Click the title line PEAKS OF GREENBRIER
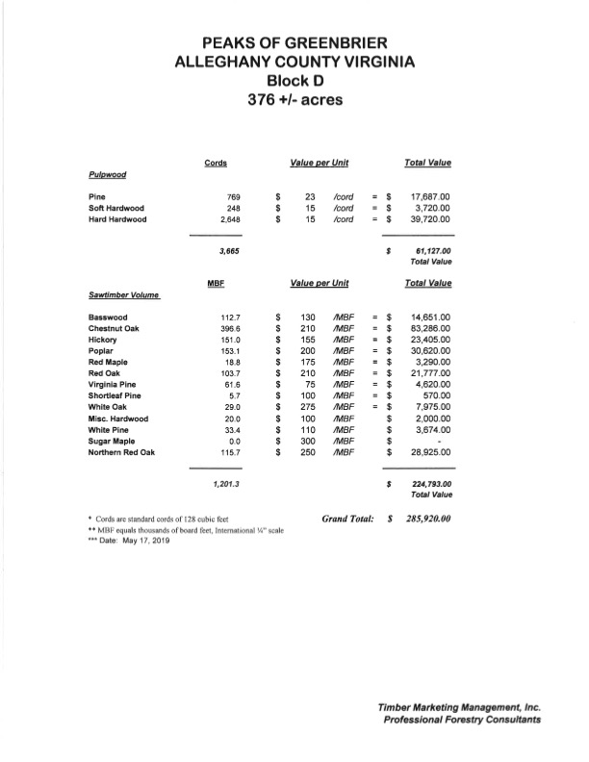(x=294, y=43)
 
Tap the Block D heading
(x=294, y=82)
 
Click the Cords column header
(x=216, y=163)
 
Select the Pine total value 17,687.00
(x=424, y=195)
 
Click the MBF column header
(x=216, y=283)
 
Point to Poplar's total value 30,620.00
(x=424, y=354)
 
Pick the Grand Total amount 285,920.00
(x=423, y=520)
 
